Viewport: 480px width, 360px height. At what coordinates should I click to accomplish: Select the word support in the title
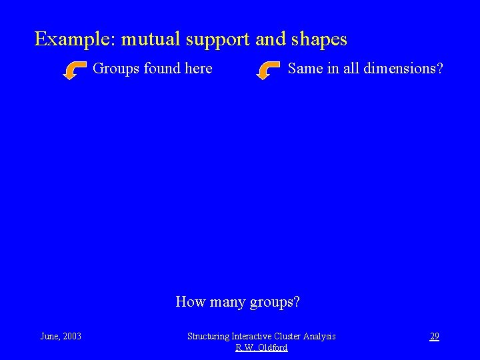coord(218,40)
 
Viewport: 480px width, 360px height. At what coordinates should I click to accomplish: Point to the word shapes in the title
coord(319,40)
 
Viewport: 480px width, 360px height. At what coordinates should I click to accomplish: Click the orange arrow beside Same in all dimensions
coord(268,69)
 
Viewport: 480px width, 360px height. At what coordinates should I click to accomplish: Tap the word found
coord(161,68)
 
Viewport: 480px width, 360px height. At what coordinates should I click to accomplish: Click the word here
coord(198,68)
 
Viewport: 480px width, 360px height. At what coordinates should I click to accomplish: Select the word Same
coord(305,68)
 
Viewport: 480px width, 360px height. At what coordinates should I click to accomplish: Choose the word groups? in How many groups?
coord(275,303)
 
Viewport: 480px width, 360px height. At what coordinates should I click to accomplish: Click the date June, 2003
coord(61,336)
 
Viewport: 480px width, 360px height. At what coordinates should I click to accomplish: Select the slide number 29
coord(434,336)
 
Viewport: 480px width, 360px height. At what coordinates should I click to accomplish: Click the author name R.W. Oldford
coord(261,347)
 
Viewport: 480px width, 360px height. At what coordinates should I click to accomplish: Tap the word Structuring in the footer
coord(208,337)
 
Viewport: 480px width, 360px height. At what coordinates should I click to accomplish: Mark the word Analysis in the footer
coord(320,337)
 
